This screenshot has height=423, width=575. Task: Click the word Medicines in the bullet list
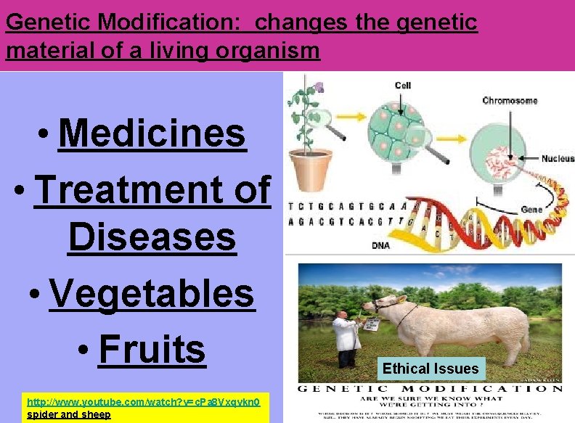pos(152,133)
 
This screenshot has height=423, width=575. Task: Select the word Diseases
pos(152,237)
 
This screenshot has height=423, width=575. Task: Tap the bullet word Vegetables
pos(152,293)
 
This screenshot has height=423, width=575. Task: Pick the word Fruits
pos(152,348)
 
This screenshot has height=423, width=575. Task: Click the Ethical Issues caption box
pos(431,369)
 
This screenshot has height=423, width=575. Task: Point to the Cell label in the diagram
pos(402,85)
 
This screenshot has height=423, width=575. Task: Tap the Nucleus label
pos(558,158)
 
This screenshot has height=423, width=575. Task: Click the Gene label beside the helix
pos(531,209)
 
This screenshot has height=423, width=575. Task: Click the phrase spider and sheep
pos(68,414)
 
